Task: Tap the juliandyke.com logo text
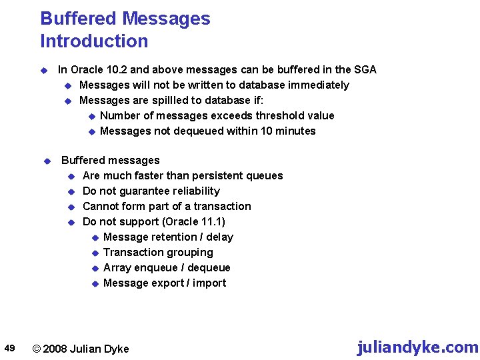click(x=417, y=347)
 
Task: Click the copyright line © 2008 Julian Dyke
click(x=81, y=349)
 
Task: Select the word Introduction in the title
click(x=94, y=41)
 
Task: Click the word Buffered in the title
click(x=78, y=19)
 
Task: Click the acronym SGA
click(x=365, y=69)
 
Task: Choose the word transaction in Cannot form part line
click(x=219, y=206)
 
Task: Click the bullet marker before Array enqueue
click(x=95, y=268)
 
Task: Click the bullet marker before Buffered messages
click(x=47, y=161)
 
